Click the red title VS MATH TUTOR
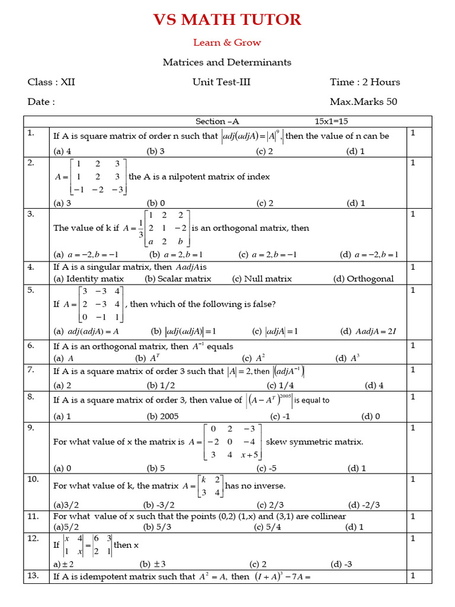(x=227, y=20)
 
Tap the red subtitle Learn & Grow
(x=227, y=43)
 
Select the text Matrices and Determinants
(x=227, y=62)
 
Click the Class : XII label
(x=52, y=82)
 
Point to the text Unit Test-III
(x=222, y=82)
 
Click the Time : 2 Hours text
(x=365, y=82)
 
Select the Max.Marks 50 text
(x=363, y=101)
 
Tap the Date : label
(x=41, y=101)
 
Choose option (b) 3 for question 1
(x=156, y=151)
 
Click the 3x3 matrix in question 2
(x=98, y=177)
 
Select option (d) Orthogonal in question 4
(x=363, y=279)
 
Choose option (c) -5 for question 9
(x=265, y=468)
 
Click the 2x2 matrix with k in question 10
(x=210, y=485)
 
